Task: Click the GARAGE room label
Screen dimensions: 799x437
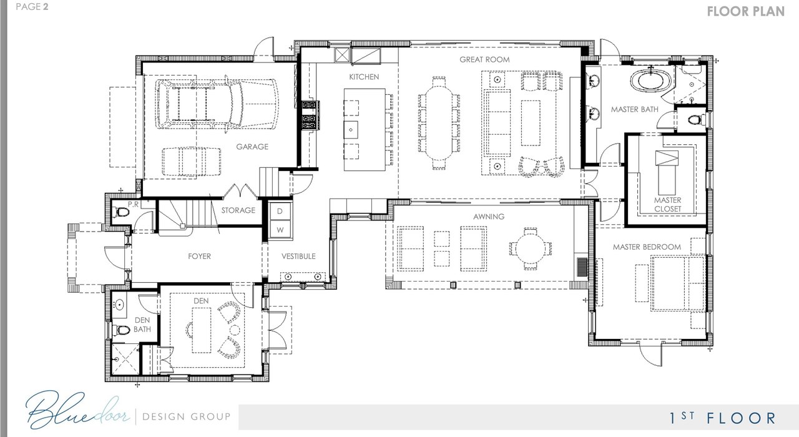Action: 252,147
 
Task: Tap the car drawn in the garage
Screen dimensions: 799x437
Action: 217,104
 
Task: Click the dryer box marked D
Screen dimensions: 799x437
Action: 280,211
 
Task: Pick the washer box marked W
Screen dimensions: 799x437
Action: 280,230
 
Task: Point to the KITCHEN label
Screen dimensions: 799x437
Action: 364,77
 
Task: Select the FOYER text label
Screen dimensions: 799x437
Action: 199,256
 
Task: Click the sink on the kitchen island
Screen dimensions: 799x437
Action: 351,130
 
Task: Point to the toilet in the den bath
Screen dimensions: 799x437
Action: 121,330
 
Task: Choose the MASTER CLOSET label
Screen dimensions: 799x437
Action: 667,204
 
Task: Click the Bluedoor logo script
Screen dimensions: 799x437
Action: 77,411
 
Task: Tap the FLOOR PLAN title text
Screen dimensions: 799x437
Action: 746,11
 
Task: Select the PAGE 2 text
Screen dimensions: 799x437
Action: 32,7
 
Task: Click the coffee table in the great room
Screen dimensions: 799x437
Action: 531,123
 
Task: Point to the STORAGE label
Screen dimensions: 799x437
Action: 238,210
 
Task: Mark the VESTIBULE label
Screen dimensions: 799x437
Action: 298,256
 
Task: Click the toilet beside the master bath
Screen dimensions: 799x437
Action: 696,119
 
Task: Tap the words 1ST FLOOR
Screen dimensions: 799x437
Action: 722,418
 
